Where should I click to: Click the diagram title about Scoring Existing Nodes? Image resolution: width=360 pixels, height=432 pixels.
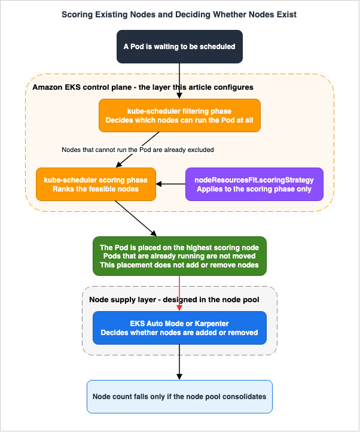(179, 14)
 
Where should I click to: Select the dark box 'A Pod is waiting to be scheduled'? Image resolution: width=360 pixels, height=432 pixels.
(179, 47)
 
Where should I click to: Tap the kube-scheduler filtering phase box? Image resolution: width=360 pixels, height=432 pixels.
(179, 115)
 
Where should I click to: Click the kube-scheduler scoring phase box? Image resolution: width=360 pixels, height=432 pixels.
(96, 184)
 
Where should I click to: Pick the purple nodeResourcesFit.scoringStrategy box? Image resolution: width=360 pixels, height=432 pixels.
(254, 184)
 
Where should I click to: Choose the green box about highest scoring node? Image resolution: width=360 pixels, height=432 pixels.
(179, 256)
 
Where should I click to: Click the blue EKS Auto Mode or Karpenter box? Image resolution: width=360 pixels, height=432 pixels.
(179, 328)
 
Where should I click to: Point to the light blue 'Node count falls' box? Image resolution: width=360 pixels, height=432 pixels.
(179, 397)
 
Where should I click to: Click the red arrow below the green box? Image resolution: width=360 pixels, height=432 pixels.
(179, 293)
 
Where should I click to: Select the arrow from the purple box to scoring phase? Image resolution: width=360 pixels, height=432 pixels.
(171, 184)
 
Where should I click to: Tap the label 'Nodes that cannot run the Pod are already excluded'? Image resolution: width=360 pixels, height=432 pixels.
(138, 150)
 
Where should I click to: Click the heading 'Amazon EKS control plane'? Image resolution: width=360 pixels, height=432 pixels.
(82, 87)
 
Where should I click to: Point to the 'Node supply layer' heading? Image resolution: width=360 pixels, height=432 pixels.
(123, 300)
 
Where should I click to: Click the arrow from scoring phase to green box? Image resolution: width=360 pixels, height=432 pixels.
(136, 218)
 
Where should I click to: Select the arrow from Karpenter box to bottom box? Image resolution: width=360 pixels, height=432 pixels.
(179, 362)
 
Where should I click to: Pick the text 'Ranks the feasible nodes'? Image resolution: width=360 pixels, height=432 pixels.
(96, 189)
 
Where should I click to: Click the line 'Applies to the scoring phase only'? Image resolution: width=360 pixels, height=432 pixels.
(254, 189)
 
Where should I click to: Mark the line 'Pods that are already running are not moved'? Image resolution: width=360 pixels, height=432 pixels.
(179, 256)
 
